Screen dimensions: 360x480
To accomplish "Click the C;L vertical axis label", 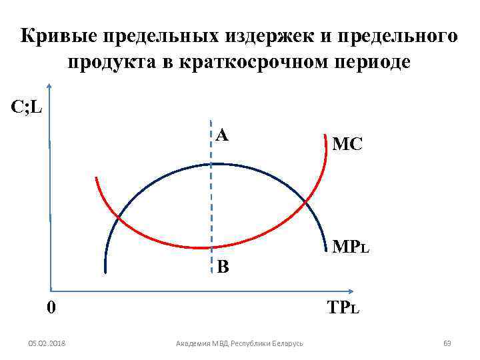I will click(x=27, y=107).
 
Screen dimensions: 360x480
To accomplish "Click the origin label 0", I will click(x=51, y=308).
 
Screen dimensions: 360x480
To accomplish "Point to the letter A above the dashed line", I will click(x=223, y=135).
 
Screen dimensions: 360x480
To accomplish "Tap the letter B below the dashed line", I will click(x=223, y=267).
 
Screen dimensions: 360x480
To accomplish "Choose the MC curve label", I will click(x=347, y=144).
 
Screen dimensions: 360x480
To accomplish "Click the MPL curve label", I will click(x=351, y=248).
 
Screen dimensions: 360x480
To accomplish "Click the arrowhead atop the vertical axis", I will click(x=50, y=89).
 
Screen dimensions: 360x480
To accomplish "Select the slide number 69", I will click(x=447, y=343).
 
